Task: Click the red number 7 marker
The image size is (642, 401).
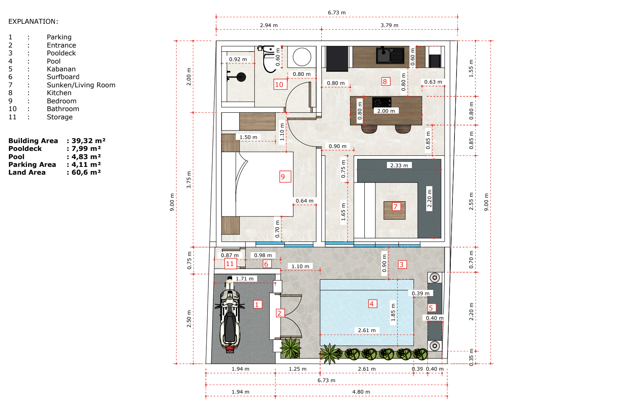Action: (x=396, y=206)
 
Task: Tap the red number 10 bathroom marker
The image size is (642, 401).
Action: (x=280, y=84)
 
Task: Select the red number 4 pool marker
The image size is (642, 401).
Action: (x=372, y=304)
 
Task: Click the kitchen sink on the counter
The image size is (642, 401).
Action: (x=390, y=55)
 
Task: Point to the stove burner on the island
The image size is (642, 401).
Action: (x=382, y=102)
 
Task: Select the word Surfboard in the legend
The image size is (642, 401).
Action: (x=63, y=77)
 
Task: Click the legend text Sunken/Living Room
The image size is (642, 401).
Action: (x=81, y=85)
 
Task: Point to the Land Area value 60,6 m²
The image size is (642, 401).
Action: (x=86, y=173)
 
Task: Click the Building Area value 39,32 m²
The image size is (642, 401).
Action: (x=88, y=141)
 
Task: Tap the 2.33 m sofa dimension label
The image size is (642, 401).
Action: (x=399, y=165)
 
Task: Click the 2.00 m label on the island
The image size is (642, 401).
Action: (x=386, y=111)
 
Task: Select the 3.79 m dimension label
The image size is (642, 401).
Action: (x=389, y=25)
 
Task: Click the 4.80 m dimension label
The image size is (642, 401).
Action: (x=361, y=392)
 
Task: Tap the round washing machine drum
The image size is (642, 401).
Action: (x=302, y=57)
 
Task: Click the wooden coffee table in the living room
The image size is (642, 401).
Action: (x=395, y=210)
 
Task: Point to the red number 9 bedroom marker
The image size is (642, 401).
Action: (x=285, y=177)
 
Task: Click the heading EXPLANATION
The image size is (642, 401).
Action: (x=33, y=22)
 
